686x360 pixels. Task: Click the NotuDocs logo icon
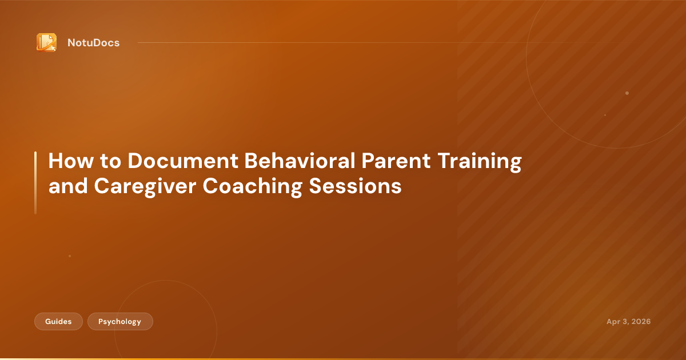[x=46, y=42]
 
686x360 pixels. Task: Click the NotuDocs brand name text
[x=93, y=43]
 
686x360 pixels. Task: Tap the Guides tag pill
[x=58, y=321]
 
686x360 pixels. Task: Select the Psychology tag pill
[x=120, y=321]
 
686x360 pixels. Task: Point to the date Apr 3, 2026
[x=628, y=321]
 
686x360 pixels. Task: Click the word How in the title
[x=71, y=161]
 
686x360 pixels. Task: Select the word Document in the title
[x=183, y=161]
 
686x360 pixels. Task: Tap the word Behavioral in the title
[x=300, y=161]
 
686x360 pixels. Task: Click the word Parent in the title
[x=396, y=161]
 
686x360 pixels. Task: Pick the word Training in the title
[x=480, y=161]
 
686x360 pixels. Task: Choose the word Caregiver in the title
[x=145, y=186]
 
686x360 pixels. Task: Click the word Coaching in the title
[x=253, y=186]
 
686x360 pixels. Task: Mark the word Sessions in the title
[x=355, y=186]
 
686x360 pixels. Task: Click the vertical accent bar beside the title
[x=35, y=182]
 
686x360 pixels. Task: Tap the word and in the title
[x=68, y=186]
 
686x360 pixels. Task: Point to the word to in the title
[x=110, y=161]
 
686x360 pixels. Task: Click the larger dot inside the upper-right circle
[x=627, y=93]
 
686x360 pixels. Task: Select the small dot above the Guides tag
[x=70, y=256]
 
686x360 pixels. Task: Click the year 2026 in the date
[x=641, y=321]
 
